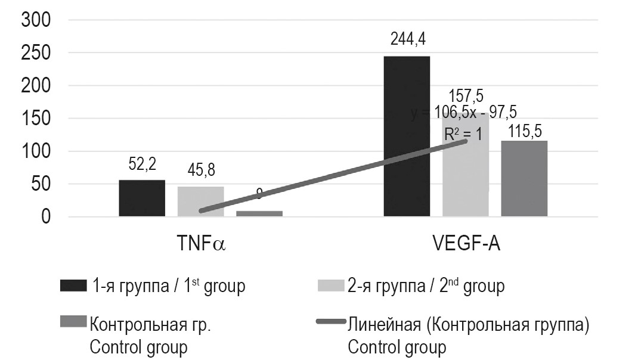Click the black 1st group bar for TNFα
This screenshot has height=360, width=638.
click(142, 198)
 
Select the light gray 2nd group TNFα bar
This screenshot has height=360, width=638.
click(200, 201)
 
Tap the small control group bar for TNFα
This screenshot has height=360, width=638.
click(259, 213)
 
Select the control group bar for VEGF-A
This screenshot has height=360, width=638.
click(524, 178)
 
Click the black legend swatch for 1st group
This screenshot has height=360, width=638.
click(73, 286)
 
